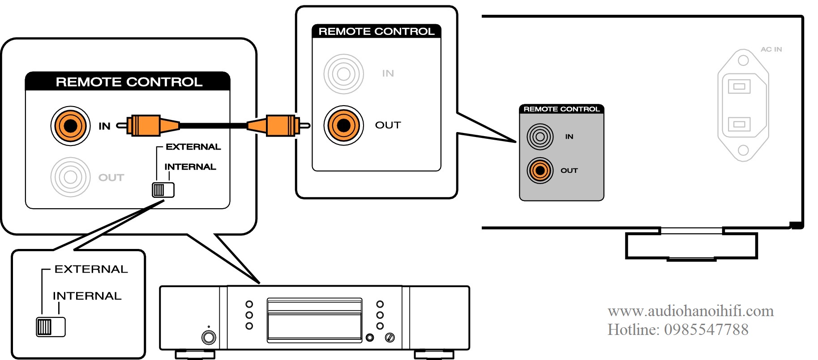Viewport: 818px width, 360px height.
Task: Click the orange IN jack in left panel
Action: click(70, 126)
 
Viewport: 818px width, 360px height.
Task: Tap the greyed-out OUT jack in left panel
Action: click(70, 177)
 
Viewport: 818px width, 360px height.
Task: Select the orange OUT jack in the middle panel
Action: click(343, 125)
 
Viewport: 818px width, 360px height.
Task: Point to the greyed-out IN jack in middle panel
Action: click(343, 74)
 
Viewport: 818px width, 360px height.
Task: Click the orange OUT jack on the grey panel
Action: click(540, 171)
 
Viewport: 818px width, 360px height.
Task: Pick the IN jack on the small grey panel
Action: click(540, 137)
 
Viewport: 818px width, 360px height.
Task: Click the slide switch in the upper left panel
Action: click(163, 190)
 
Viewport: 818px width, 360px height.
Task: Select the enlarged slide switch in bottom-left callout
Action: click(51, 327)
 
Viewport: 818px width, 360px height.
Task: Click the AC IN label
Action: click(771, 49)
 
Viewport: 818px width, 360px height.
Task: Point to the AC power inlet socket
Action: click(743, 105)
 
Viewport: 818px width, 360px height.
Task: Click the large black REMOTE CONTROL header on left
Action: click(128, 81)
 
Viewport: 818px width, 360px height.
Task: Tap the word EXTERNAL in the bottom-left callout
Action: click(91, 269)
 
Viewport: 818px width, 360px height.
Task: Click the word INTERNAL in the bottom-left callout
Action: click(87, 296)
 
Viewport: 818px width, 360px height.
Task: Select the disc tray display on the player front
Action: click(314, 320)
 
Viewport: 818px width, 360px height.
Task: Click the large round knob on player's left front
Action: click(209, 337)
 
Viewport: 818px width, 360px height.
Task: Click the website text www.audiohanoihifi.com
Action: click(690, 311)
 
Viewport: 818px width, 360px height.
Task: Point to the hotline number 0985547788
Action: click(706, 330)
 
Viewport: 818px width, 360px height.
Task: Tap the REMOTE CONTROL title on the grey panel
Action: click(561, 109)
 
